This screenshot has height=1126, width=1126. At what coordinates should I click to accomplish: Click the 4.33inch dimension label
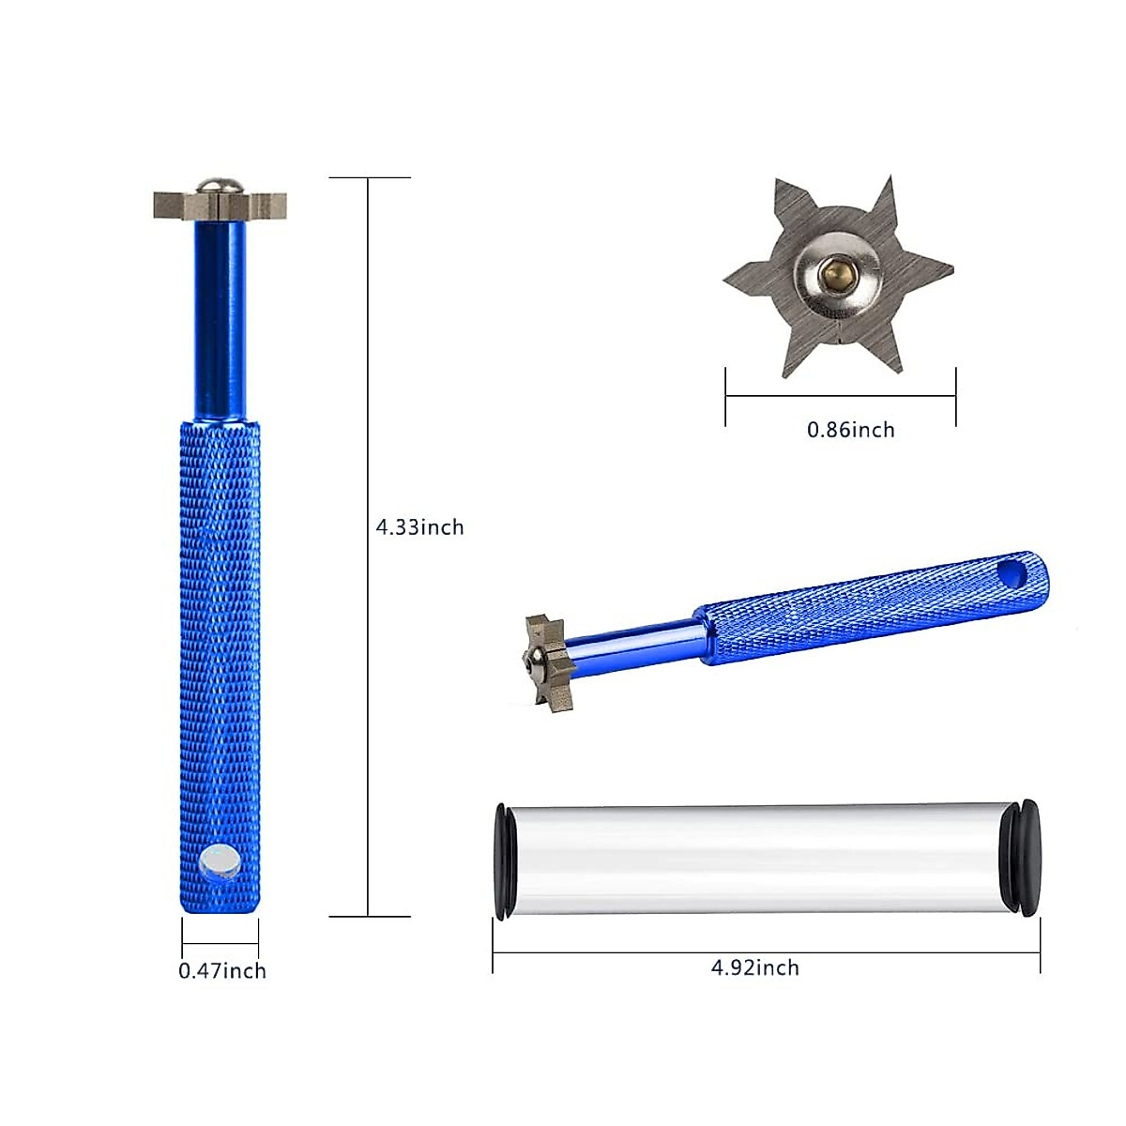(x=419, y=527)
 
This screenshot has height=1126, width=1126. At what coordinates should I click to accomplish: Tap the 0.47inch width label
(x=222, y=970)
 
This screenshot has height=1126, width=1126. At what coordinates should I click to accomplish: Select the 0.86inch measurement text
(x=850, y=430)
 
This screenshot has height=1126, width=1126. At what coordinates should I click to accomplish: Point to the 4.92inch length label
(x=754, y=967)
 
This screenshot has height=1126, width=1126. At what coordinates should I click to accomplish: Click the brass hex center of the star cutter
(x=836, y=275)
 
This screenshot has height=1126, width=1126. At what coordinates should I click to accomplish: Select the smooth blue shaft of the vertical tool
(x=220, y=319)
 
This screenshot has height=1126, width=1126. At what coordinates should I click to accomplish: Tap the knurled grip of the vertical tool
(x=220, y=610)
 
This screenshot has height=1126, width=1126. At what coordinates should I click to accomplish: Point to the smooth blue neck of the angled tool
(x=638, y=643)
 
